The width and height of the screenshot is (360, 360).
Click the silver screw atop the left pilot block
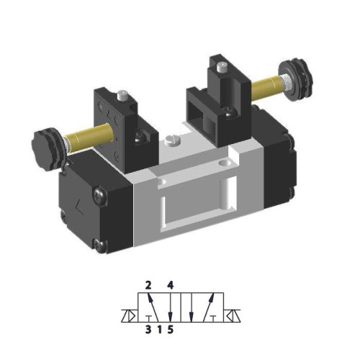click(125, 95)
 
